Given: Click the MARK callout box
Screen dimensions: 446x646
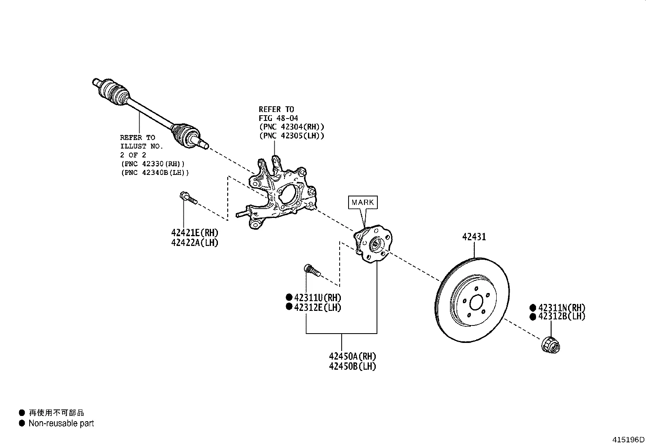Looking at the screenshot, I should pyautogui.click(x=363, y=202).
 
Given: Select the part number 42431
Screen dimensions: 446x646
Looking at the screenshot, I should pyautogui.click(x=474, y=237).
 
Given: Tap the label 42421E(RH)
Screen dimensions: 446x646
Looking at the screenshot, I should pyautogui.click(x=195, y=233).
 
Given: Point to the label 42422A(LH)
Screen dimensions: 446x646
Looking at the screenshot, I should pyautogui.click(x=195, y=243).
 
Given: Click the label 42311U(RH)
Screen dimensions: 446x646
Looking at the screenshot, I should pyautogui.click(x=317, y=297).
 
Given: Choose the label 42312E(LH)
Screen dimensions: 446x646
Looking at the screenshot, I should pyautogui.click(x=317, y=307).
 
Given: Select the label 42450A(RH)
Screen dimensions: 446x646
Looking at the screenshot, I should pyautogui.click(x=352, y=356).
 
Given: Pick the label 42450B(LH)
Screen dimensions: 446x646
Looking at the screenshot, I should pyautogui.click(x=352, y=366).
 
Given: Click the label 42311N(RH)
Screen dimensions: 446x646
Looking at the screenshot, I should pyautogui.click(x=562, y=308).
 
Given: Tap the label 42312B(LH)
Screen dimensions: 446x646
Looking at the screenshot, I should pyautogui.click(x=562, y=317).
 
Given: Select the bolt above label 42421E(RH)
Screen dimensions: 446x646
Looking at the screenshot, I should pyautogui.click(x=187, y=198).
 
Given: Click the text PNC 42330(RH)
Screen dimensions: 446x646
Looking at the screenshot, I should pyautogui.click(x=153, y=164).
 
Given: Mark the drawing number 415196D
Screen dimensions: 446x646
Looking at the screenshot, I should pyautogui.click(x=628, y=440).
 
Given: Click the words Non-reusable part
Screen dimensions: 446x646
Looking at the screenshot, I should pyautogui.click(x=61, y=423).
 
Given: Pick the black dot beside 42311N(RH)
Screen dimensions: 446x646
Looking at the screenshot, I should pyautogui.click(x=533, y=308).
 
